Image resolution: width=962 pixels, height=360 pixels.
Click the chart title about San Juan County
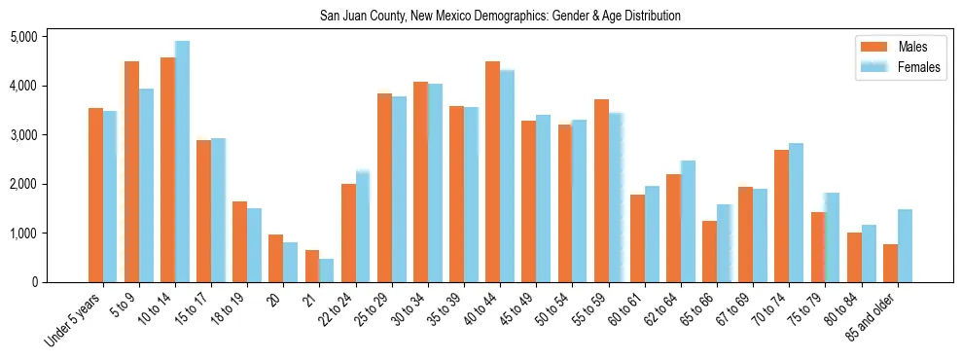pos(500,17)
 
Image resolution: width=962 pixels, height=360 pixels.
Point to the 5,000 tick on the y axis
pos(22,37)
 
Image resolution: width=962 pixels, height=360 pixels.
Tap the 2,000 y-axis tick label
pos(22,184)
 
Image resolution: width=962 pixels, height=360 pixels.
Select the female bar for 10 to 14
pos(183,162)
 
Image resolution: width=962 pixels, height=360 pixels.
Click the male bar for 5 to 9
pos(132,172)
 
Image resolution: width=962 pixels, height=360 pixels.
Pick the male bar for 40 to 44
pos(493,172)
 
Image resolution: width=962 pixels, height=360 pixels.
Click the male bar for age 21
pos(312,267)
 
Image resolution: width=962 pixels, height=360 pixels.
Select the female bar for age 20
pos(291,263)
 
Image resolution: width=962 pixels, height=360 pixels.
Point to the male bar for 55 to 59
pos(601,191)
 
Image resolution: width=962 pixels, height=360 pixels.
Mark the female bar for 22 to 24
pos(363,227)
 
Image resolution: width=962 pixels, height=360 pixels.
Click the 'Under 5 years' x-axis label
pos(74,321)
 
